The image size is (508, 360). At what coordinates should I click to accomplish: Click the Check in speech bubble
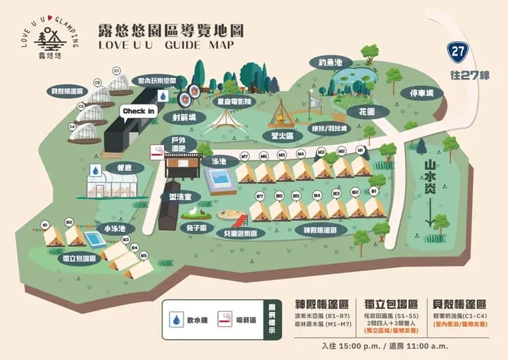click(x=139, y=111)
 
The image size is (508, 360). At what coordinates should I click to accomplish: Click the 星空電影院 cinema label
click(x=232, y=100)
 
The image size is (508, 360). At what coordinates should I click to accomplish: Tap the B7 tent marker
click(x=259, y=197)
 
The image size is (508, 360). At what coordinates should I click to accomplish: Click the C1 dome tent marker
click(x=117, y=71)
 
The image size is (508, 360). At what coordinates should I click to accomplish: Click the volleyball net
click(x=315, y=102)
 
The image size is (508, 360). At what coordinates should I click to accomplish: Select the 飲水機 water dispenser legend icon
click(x=176, y=319)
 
